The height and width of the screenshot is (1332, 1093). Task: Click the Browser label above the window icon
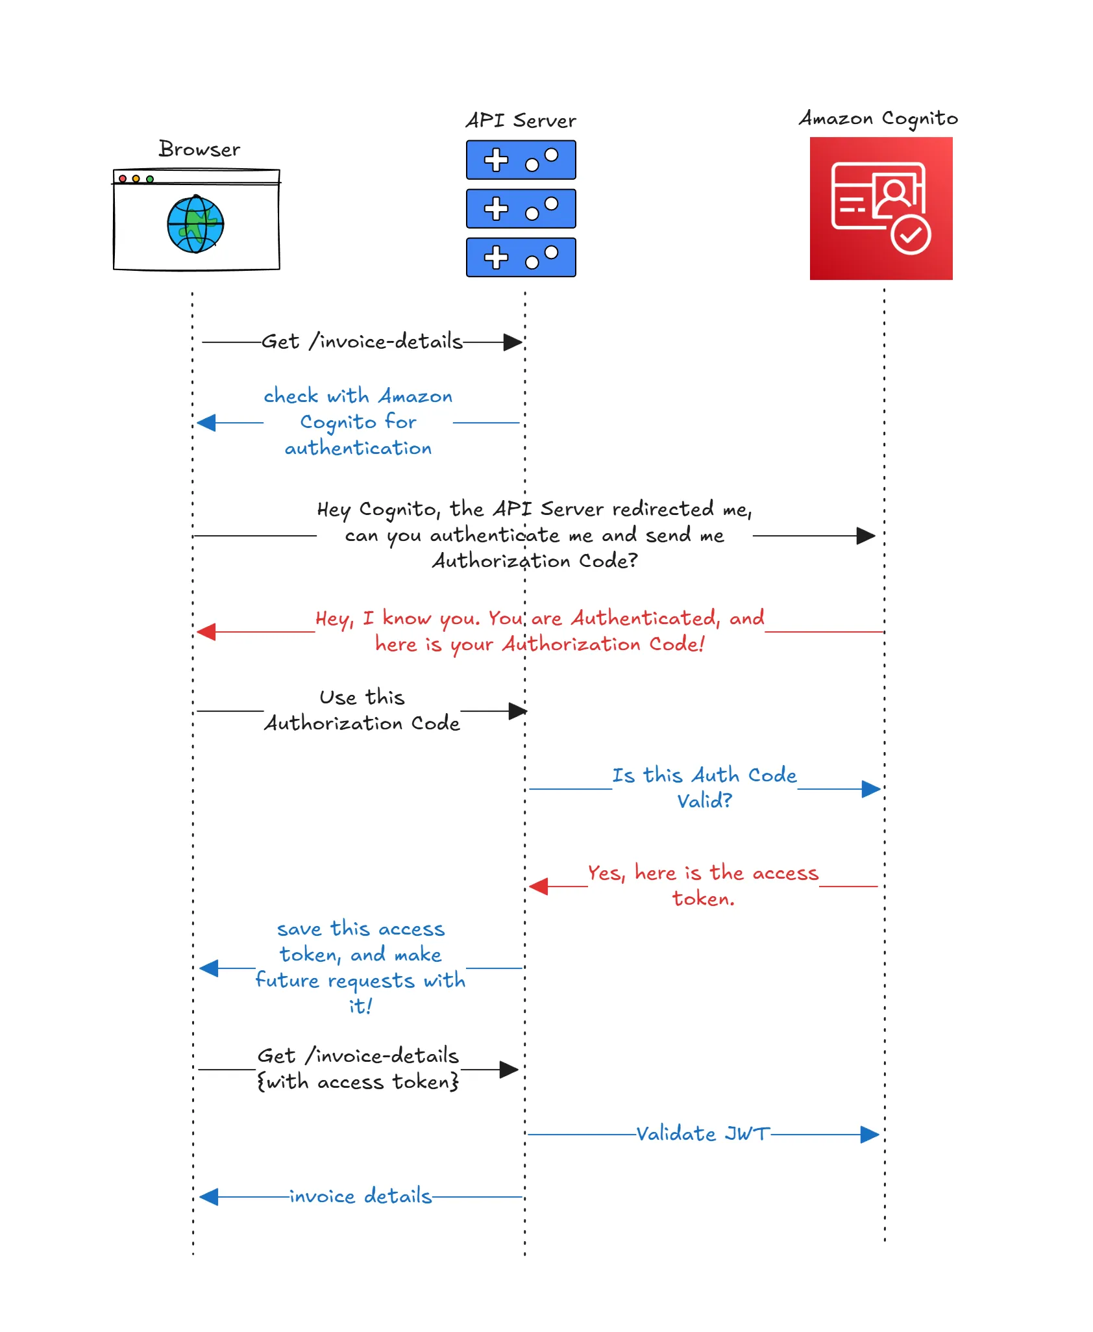[x=199, y=149]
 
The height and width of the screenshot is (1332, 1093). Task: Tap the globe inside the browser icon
[x=195, y=224]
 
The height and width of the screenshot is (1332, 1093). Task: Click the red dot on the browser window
[x=123, y=179]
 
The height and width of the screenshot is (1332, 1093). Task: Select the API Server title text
[x=521, y=121]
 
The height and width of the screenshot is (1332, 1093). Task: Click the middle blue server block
[x=521, y=208]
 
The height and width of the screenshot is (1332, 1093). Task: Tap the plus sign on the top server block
[x=496, y=160]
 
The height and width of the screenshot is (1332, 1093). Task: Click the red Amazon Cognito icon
[x=881, y=208]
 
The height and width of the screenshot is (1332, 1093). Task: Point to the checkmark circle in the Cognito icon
[x=911, y=235]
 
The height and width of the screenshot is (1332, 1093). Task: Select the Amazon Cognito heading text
[x=878, y=119]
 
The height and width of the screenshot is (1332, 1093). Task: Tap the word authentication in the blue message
[x=358, y=448]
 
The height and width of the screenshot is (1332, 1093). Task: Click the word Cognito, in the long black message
[x=399, y=509]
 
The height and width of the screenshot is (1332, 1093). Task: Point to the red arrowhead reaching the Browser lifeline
[x=206, y=631]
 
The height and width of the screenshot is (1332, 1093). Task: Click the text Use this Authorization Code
[x=362, y=710]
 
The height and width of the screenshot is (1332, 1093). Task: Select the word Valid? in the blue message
[x=704, y=801]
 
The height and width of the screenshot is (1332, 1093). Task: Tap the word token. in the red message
[x=704, y=899]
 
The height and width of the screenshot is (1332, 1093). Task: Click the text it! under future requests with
[x=360, y=1007]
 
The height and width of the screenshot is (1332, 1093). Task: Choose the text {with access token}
[x=358, y=1082]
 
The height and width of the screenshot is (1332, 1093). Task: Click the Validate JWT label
[x=703, y=1134]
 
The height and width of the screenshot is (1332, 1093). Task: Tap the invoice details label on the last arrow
[x=361, y=1196]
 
